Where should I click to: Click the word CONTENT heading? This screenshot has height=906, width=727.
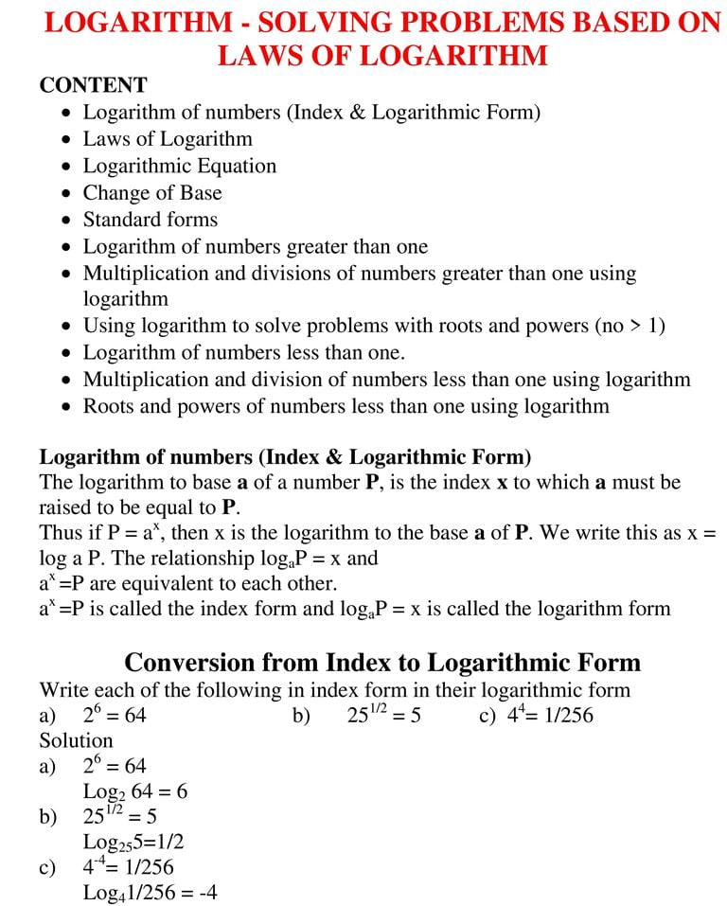point(93,85)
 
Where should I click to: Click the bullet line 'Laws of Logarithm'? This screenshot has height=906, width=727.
point(168,139)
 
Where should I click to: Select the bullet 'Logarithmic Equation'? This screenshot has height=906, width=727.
point(180,166)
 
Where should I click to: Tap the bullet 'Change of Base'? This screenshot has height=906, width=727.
point(152,192)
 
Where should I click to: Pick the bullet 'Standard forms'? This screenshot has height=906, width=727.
point(151,219)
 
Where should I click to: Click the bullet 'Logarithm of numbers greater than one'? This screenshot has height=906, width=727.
point(256,246)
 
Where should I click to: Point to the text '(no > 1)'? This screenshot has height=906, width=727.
point(629,326)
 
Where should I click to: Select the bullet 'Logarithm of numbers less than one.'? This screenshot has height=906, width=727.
point(244,352)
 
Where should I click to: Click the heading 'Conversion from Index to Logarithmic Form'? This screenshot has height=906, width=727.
point(382,661)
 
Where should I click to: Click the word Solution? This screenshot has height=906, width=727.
point(76,739)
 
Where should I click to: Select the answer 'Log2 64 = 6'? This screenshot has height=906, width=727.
point(134,791)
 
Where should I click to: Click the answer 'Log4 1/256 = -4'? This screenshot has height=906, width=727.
point(150,892)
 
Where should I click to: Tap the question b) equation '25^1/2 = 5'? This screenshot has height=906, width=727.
point(384,715)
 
